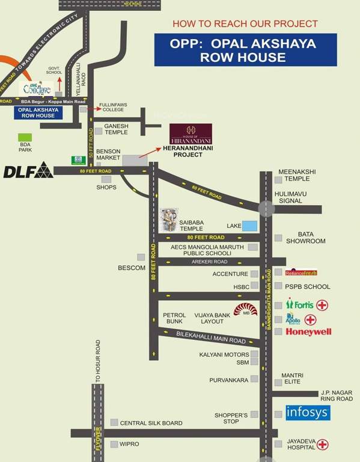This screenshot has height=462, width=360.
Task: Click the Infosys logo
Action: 307,412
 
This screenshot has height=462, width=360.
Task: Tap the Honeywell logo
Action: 309,331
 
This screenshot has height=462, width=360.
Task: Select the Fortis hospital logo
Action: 302,304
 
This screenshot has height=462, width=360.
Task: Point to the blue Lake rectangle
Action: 249,226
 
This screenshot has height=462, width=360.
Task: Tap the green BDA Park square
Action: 25,138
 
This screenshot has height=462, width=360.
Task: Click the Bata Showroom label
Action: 311,238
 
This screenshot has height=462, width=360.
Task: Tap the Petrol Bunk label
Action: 174,318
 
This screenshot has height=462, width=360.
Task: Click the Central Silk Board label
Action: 151,423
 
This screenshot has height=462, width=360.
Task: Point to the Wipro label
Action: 129,443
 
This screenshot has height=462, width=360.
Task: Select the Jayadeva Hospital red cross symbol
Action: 323,445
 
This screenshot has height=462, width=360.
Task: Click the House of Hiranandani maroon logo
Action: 190,133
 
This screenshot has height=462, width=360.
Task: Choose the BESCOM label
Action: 132,267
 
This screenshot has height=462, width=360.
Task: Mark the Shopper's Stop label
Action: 231,418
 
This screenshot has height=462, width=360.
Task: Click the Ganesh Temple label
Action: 116,129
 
